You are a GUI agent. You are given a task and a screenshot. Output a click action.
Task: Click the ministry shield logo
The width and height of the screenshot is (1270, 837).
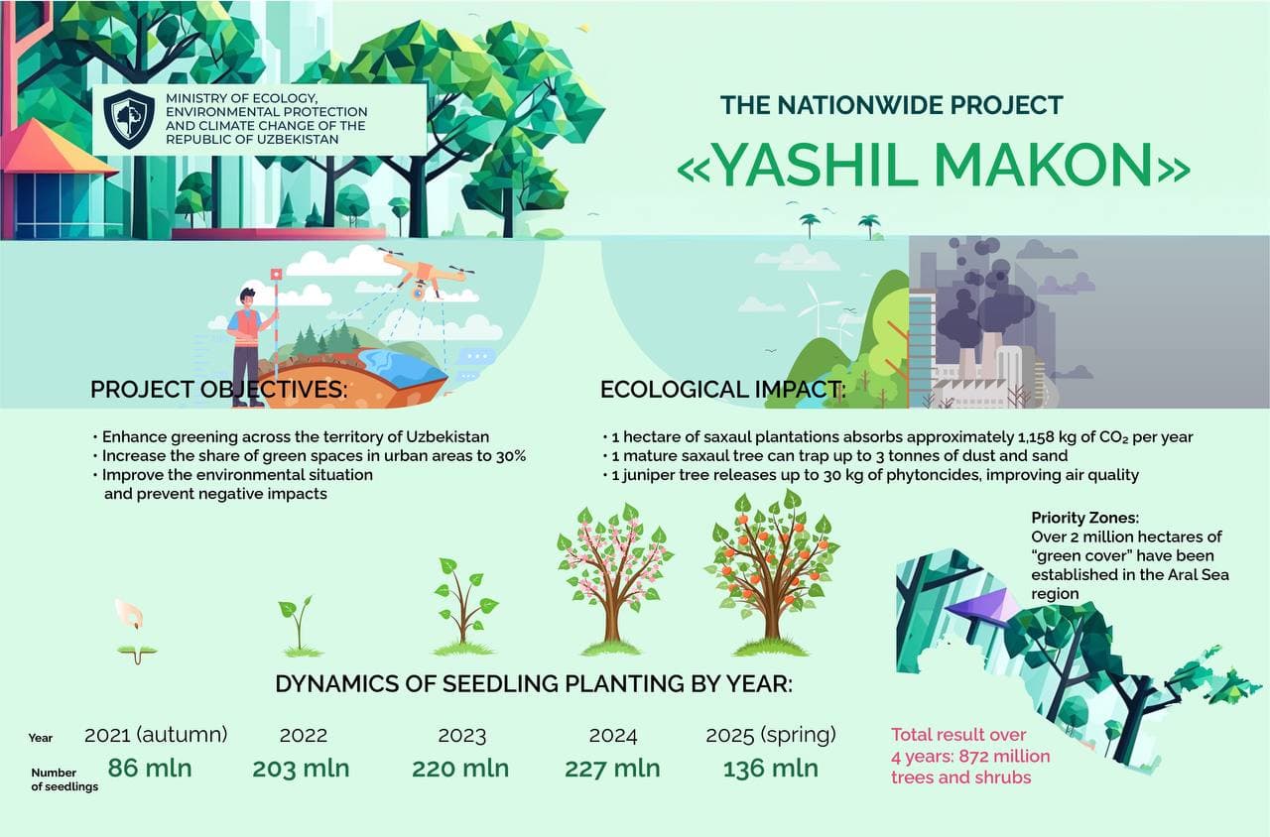129,119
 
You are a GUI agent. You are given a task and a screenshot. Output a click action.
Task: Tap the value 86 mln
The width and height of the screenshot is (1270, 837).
149,769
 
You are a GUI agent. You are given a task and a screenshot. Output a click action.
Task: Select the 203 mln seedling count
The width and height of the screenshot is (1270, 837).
301,769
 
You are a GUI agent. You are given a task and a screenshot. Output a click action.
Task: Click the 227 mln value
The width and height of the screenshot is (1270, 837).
612,769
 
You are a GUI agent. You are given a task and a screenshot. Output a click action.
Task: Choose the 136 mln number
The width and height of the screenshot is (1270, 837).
770,769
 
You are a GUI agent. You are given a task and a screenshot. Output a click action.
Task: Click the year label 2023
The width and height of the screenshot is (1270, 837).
461,736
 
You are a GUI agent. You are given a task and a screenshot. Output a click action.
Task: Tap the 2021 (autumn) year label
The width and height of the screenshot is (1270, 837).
156,735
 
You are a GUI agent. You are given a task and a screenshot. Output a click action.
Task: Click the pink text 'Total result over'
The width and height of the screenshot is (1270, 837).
958,735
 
